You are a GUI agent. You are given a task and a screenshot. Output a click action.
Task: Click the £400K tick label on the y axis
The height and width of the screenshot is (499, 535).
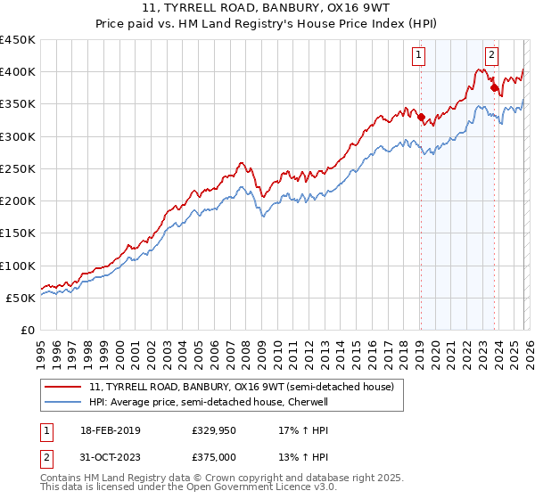pyautogui.click(x=18, y=72)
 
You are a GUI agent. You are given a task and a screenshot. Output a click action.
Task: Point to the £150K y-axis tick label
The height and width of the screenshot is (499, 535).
pyautogui.click(x=18, y=233)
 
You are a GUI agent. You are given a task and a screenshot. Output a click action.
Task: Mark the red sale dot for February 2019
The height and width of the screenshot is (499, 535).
pyautogui.click(x=421, y=117)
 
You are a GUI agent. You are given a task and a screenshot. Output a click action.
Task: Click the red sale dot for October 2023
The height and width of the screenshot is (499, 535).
pyautogui.click(x=494, y=87)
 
